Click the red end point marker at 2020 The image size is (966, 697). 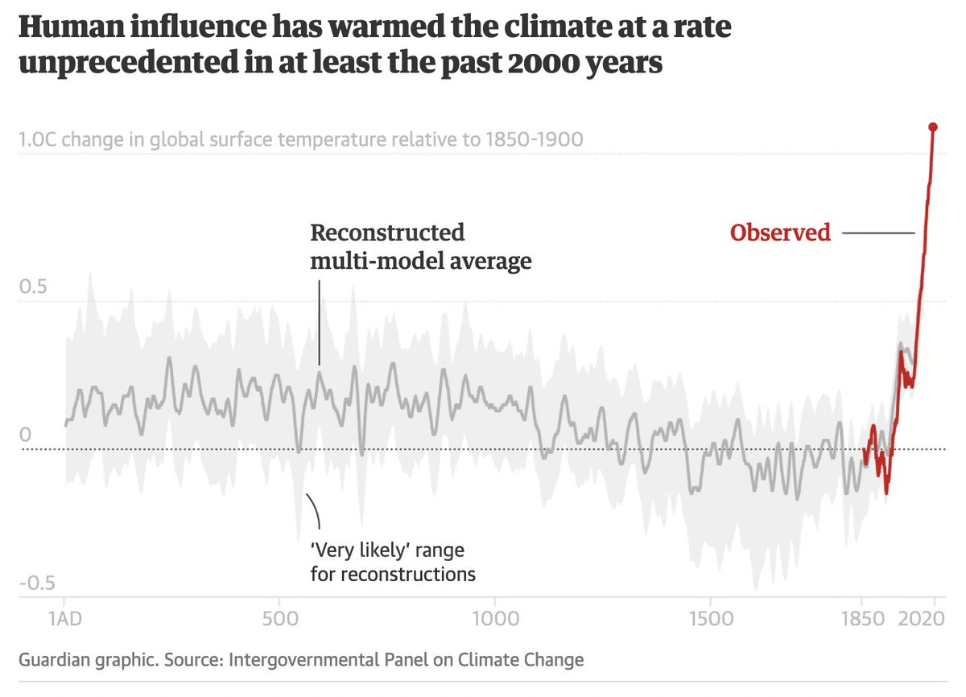point(933,127)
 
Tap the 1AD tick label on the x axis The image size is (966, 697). point(64,622)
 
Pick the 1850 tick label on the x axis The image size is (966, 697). point(861,622)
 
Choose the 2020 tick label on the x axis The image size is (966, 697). point(933,622)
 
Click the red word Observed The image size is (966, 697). point(780,233)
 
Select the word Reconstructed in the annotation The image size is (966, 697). point(387,233)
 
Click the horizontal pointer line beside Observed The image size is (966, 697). point(877,233)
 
